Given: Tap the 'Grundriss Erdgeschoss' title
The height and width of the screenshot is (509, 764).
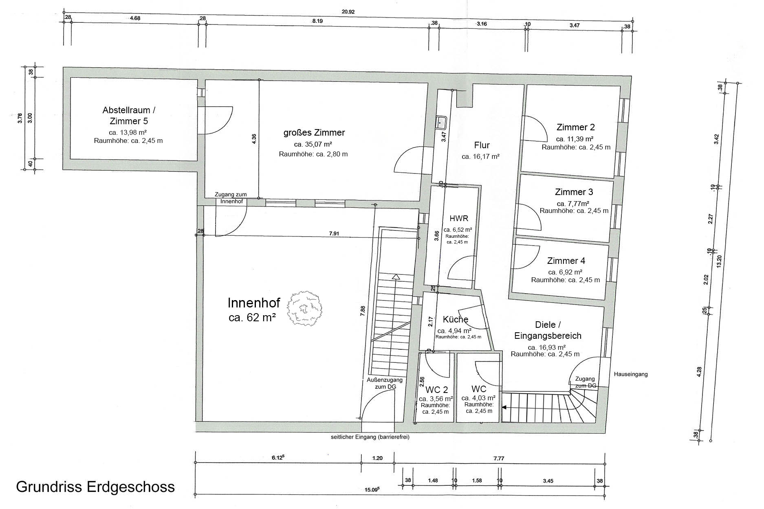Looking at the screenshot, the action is (95, 487).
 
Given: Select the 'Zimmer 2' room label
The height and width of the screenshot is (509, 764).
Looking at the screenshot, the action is (575, 127).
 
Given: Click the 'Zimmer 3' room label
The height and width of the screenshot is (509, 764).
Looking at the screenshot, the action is (574, 192).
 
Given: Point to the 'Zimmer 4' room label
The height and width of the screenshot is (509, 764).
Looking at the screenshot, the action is (566, 261).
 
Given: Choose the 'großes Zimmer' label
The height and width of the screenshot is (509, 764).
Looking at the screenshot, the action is (314, 133).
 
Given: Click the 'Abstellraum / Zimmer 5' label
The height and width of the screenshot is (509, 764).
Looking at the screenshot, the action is (129, 116).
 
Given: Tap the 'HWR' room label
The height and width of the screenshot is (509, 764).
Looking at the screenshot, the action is (459, 219).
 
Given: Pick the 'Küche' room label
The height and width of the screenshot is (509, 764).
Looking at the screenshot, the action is (455, 320).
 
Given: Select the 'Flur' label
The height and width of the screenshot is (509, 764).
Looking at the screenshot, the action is (482, 145).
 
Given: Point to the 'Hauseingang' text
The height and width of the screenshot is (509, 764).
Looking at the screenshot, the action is (630, 374).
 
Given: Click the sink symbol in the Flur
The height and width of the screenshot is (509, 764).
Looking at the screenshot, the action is (441, 122).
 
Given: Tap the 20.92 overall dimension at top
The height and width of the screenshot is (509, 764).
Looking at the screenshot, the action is (348, 12).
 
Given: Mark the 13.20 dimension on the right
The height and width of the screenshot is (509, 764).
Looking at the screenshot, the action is (719, 261).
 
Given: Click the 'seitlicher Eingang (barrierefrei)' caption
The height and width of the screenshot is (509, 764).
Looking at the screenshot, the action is (370, 437).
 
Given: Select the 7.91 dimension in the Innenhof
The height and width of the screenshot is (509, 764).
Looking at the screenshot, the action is (335, 234).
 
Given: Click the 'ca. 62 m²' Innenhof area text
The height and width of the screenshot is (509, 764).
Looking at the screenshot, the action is (252, 318).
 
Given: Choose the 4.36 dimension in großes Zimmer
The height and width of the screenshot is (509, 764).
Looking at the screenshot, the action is (254, 138).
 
